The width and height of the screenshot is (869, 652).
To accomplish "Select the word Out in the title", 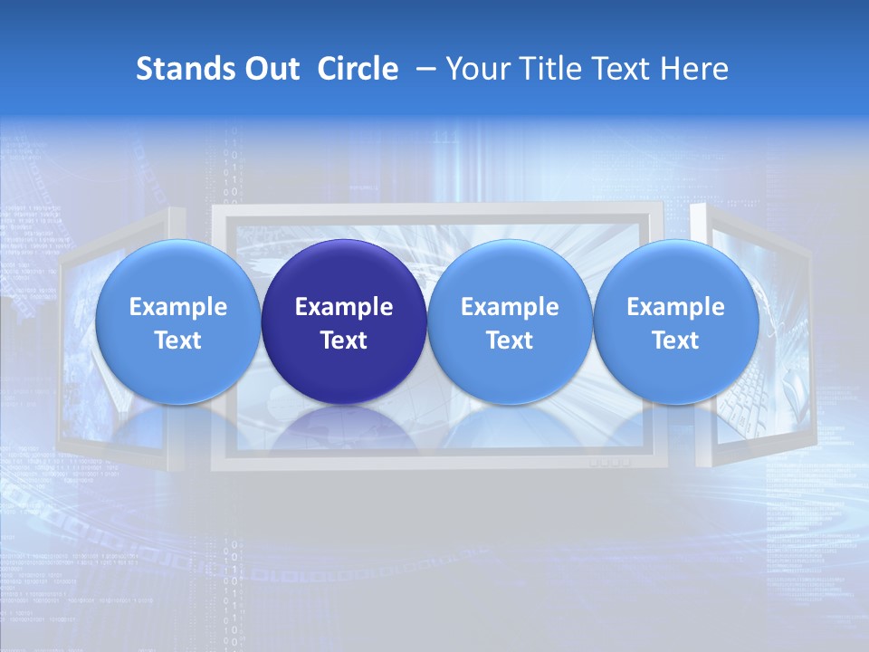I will [x=272, y=69].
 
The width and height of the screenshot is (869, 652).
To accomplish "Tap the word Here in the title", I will [x=694, y=69].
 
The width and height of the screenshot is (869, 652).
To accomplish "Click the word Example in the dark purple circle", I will [x=344, y=307].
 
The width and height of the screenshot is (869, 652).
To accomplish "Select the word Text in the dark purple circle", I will [x=344, y=340].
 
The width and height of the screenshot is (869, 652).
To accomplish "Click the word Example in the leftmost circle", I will [x=178, y=307].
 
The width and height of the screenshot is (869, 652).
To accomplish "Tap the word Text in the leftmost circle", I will [x=178, y=340].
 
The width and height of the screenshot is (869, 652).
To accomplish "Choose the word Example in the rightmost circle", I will [x=675, y=307].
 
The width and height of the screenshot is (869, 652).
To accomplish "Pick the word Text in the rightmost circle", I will [x=675, y=340].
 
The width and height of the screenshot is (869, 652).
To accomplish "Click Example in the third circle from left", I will [x=510, y=307].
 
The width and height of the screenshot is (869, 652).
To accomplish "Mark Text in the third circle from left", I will [x=510, y=340].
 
